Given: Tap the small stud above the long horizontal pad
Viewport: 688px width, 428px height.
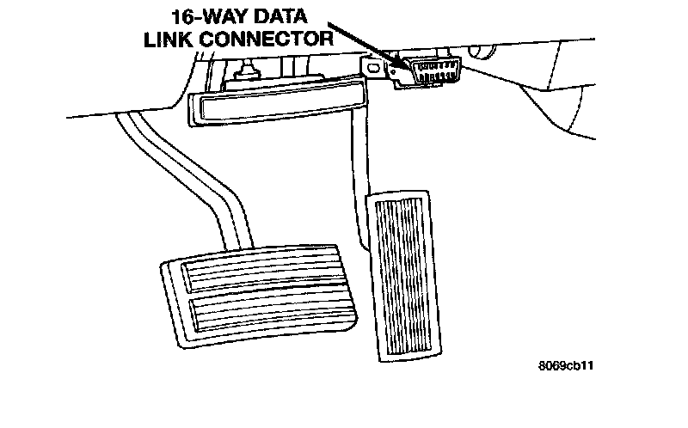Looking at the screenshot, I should click(x=249, y=70).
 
